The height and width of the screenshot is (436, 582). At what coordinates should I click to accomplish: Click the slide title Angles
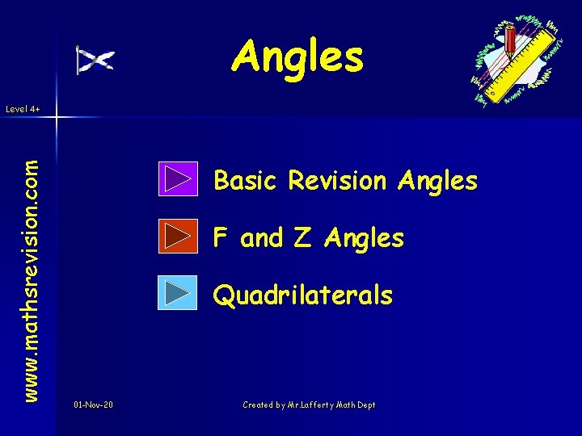click(297, 57)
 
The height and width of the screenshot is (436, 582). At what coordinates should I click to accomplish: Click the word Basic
click(243, 181)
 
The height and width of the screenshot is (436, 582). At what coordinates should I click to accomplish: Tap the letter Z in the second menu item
click(301, 237)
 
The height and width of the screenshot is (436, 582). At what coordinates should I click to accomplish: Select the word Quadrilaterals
click(302, 296)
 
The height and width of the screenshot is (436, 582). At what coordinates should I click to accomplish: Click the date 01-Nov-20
click(93, 405)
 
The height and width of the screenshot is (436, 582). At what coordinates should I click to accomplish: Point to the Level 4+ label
click(23, 108)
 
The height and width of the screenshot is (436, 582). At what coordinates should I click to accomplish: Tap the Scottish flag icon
click(95, 60)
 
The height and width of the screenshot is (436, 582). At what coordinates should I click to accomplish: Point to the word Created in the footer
click(259, 405)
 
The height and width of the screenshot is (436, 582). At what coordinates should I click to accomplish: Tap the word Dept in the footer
click(366, 405)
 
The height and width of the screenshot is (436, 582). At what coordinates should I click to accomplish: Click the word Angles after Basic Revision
click(437, 181)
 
